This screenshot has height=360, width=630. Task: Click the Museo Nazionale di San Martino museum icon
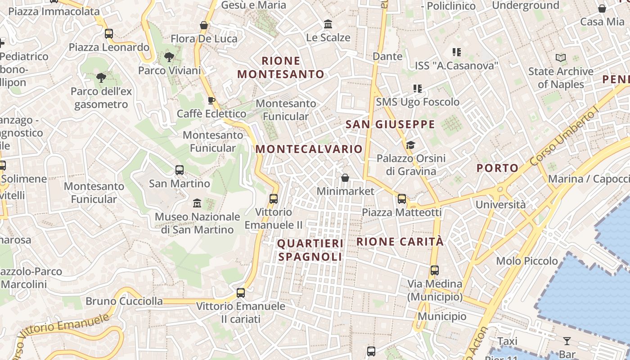coord(197,203)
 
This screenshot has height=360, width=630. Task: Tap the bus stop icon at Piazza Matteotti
coord(402,198)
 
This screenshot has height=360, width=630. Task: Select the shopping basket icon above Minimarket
coord(345,178)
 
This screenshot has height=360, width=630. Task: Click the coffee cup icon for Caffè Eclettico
coord(211,100)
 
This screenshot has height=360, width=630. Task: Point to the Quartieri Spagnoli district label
coord(310,250)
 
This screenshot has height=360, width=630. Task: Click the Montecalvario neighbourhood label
coord(309,149)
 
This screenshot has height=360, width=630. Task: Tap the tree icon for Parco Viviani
coord(169,57)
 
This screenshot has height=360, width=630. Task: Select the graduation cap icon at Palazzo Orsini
coord(410,145)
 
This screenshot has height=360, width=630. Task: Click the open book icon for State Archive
coord(560,58)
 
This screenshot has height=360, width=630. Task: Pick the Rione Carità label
coord(400,242)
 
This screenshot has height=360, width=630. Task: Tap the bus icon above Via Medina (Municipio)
coord(434,270)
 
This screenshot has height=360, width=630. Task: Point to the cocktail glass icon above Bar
coord(567,341)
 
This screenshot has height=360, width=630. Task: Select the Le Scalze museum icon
coord(328,24)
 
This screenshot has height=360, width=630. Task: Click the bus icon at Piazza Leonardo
coord(108,34)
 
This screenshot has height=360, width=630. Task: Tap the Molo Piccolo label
coord(527,261)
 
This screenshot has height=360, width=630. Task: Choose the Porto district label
coord(497,168)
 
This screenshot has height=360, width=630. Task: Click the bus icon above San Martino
coord(180,170)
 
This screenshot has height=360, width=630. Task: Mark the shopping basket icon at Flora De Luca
coord(204,25)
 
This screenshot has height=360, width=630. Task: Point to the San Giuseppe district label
coord(390,125)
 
